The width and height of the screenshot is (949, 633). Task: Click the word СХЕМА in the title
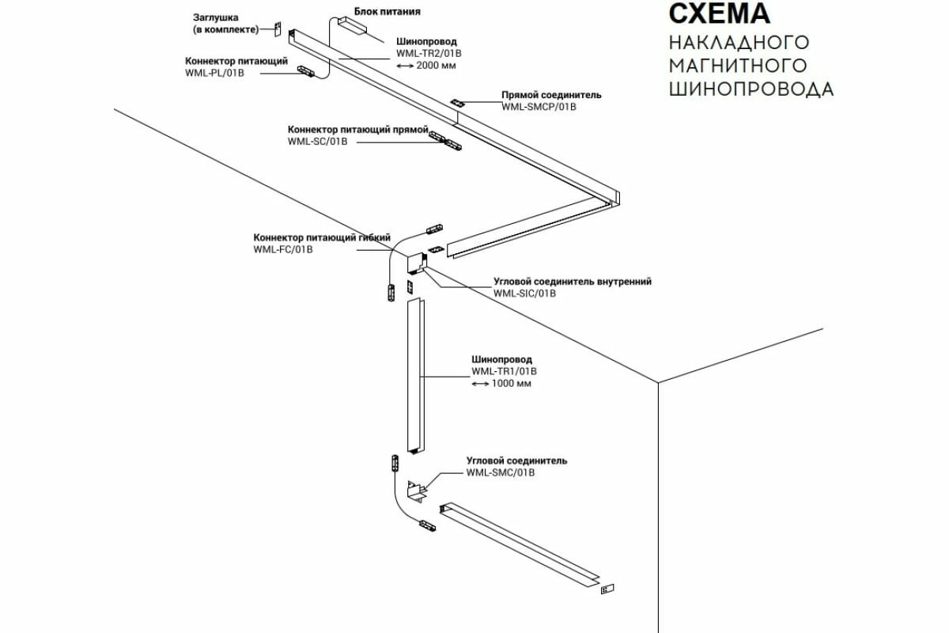click(719, 14)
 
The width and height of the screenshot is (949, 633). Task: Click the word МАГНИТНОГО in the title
click(738, 65)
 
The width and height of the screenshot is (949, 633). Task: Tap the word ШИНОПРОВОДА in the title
click(751, 89)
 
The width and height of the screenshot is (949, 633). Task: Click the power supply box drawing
click(351, 27)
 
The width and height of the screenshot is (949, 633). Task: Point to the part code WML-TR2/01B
click(429, 54)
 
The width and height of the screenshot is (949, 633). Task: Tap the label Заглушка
click(216, 17)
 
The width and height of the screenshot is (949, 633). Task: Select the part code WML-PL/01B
click(215, 73)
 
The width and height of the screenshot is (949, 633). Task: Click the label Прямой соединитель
click(551, 95)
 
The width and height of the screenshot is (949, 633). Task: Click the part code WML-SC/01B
click(318, 142)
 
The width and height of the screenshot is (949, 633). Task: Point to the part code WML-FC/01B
click(283, 249)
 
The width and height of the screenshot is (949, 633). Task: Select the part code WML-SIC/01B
click(525, 294)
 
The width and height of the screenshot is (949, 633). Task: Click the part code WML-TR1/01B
click(504, 371)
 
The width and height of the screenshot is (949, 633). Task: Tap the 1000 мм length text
click(512, 384)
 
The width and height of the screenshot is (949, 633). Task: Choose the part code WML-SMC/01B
click(501, 473)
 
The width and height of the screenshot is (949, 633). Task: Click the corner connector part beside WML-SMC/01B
click(417, 491)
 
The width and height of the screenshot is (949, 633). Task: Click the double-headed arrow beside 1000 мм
click(479, 384)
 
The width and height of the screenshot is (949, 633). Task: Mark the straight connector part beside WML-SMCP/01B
click(458, 104)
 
